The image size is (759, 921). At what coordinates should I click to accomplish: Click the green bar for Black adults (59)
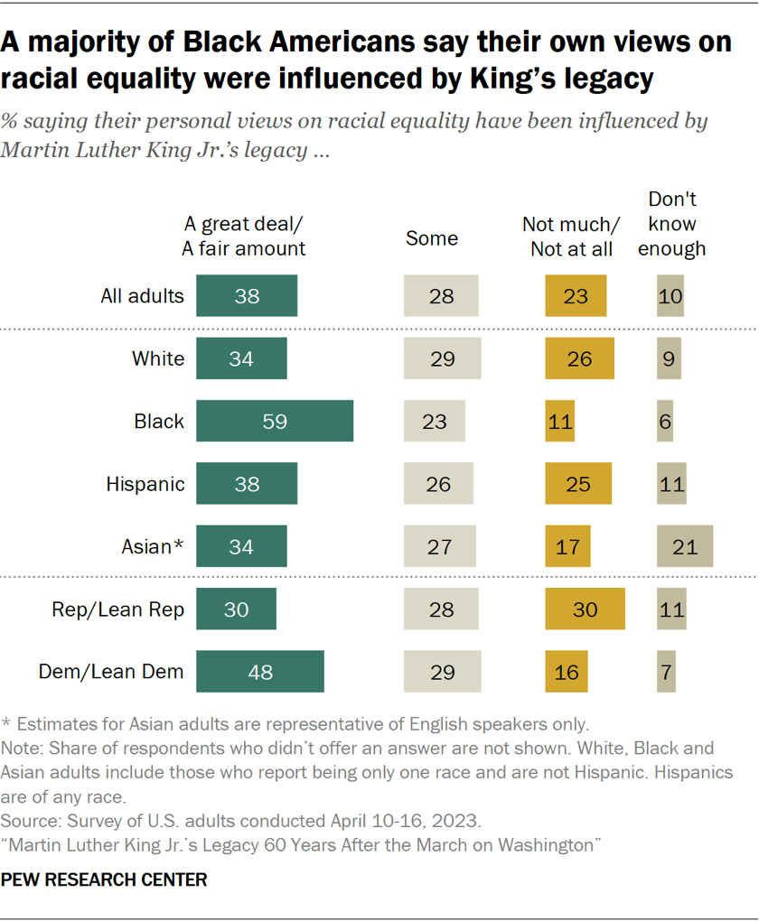[x=274, y=421]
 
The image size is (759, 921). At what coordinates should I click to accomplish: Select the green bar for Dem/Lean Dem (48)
[x=259, y=672]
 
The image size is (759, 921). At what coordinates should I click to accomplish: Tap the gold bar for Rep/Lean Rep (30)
[x=585, y=609]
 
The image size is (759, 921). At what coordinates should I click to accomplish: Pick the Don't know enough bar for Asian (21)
[x=684, y=546]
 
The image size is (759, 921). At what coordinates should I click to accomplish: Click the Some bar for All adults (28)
[x=440, y=295]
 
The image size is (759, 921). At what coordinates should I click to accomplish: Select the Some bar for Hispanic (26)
[x=437, y=484]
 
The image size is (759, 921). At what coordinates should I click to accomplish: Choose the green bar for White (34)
[x=240, y=358]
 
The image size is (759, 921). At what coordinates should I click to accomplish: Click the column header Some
[x=432, y=238]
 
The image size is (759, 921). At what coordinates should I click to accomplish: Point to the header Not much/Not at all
[x=571, y=237]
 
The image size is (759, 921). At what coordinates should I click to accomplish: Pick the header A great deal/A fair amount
[x=243, y=237]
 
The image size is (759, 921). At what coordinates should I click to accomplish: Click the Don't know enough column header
[x=671, y=224]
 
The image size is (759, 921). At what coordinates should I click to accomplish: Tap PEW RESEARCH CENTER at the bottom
[x=105, y=879]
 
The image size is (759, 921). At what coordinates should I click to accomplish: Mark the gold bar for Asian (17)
[x=567, y=546]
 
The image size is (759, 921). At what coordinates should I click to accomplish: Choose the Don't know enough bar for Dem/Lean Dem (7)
[x=666, y=672]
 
